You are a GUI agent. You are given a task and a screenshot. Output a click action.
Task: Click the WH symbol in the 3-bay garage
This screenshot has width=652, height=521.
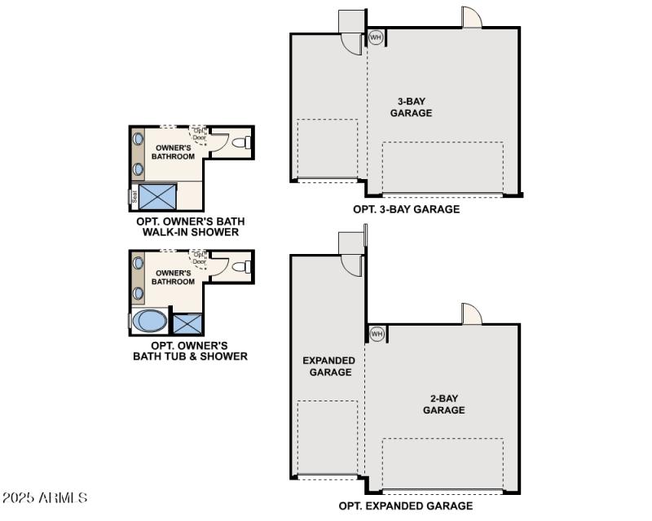(376, 37)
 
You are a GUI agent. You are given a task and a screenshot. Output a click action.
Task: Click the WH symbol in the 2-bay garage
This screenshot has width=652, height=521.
(377, 334)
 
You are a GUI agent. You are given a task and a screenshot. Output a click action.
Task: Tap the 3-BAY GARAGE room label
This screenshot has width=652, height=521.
(411, 107)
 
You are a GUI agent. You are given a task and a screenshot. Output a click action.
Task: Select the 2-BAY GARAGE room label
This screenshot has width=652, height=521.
(443, 404)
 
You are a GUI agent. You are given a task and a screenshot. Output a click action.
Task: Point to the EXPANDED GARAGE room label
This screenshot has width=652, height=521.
(329, 366)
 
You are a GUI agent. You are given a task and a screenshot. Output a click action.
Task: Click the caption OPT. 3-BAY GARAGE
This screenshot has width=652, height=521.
(406, 209)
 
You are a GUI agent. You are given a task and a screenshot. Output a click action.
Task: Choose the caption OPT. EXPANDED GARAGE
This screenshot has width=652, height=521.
(406, 506)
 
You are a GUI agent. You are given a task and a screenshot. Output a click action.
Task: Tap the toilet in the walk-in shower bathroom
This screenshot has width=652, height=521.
(240, 142)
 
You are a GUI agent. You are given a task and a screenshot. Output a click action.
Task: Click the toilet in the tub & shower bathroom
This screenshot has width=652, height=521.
(240, 266)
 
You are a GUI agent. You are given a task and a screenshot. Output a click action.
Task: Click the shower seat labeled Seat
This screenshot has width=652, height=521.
(133, 196)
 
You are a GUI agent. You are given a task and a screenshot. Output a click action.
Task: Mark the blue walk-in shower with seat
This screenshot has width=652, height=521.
(158, 196)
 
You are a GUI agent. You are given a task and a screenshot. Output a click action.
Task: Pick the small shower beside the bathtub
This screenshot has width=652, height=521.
(187, 323)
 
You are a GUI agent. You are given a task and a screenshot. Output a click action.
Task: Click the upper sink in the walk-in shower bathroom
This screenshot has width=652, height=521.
(139, 139)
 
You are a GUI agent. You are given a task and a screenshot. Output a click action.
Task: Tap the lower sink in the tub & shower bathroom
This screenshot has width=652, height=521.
(139, 291)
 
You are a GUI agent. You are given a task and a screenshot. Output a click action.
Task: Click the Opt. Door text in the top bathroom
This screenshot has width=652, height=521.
(199, 134)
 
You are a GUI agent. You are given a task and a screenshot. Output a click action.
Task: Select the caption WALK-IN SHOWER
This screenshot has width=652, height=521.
(190, 232)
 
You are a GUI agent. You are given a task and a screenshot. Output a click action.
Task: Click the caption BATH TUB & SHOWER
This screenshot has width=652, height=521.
(190, 356)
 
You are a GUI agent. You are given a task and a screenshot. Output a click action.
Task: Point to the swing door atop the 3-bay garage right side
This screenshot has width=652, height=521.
(472, 18)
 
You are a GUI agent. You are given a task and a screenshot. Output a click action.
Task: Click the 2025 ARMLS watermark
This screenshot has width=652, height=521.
(46, 497)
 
